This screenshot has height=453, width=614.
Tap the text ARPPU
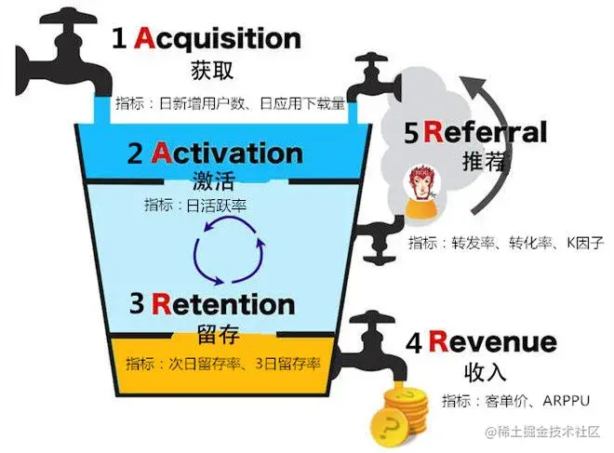553,402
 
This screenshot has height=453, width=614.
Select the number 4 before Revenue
416,342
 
